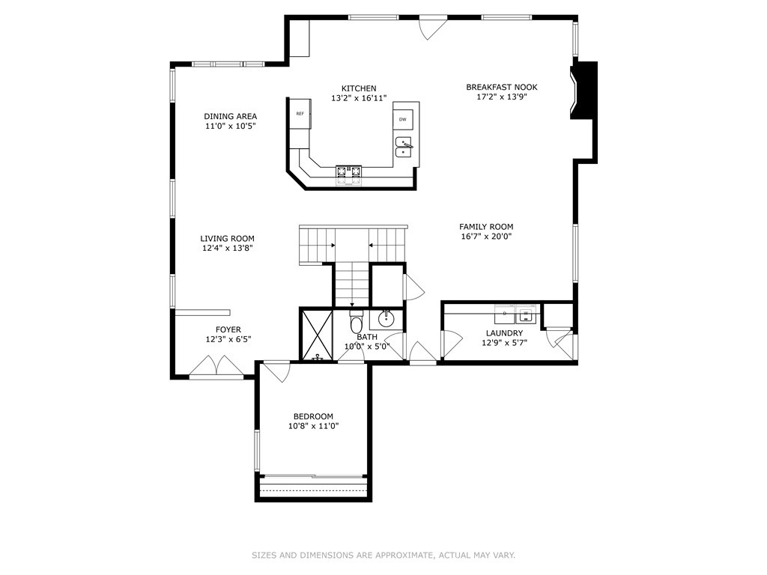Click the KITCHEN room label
click(x=359, y=88)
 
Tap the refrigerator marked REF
click(x=300, y=114)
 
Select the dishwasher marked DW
click(x=403, y=119)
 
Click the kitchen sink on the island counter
click(x=404, y=147)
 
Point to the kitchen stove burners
click(x=348, y=174)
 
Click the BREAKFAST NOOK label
click(x=501, y=87)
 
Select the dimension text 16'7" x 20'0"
click(x=486, y=237)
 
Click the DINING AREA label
click(x=231, y=116)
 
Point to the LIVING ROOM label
click(x=227, y=239)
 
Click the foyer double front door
click(x=216, y=367)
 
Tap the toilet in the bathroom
click(x=357, y=322)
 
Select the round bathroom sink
click(x=386, y=320)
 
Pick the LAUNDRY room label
click(x=503, y=333)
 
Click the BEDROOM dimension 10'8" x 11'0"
click(x=313, y=427)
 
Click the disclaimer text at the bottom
click(x=383, y=556)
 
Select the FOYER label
click(x=228, y=329)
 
